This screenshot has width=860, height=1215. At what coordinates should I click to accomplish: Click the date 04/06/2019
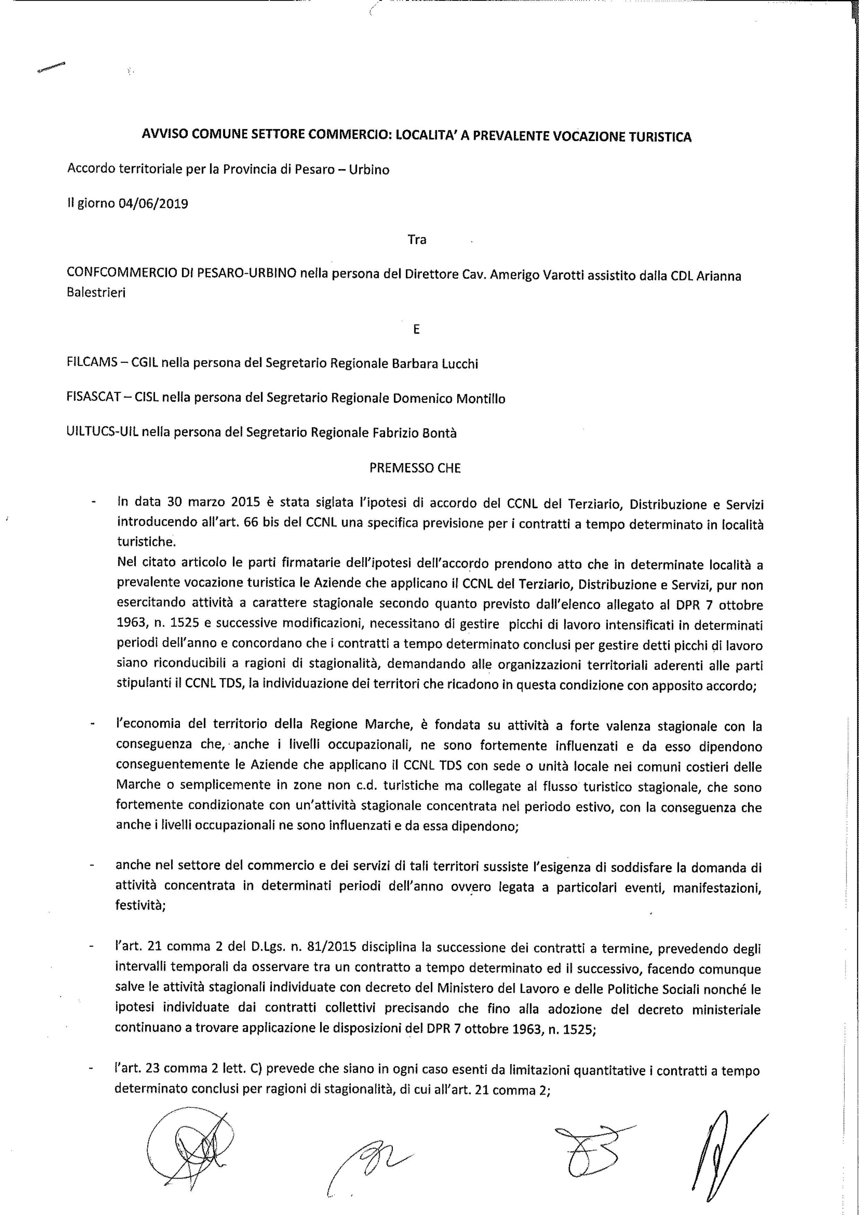tap(154, 204)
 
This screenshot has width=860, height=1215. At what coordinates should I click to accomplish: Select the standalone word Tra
tap(417, 240)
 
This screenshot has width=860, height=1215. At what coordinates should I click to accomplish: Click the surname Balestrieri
tap(96, 293)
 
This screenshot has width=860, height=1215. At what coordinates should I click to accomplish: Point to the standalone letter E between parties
tap(416, 329)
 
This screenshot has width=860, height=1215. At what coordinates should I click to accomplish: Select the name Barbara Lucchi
tap(434, 364)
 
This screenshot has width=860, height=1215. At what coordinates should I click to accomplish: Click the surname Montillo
tap(481, 399)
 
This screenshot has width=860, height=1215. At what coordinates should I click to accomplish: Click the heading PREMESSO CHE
tap(415, 469)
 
